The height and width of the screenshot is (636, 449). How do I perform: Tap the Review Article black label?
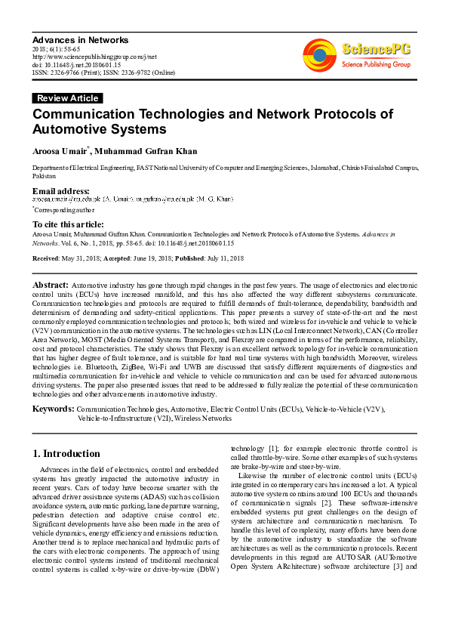[x=67, y=98]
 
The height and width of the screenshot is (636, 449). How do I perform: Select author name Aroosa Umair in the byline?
[x=59, y=151]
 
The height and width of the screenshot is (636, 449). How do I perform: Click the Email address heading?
[x=60, y=191]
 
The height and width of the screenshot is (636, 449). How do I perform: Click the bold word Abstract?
[x=51, y=285]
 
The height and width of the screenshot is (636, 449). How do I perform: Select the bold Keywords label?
[x=53, y=409]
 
